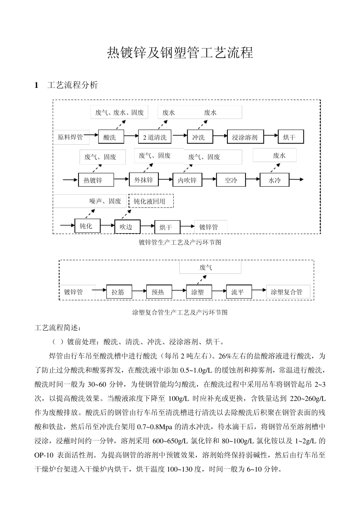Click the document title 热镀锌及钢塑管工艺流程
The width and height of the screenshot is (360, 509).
tap(180, 53)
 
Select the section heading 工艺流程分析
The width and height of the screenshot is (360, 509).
tap(72, 85)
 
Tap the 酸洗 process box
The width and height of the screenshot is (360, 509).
tap(110, 137)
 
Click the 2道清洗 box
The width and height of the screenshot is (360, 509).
tap(155, 137)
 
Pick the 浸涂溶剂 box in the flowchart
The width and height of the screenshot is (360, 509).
tap(244, 137)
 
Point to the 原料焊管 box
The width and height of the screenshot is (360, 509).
tap(70, 137)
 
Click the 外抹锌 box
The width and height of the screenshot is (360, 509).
tap(144, 180)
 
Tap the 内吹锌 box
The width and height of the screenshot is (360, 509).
tap(187, 180)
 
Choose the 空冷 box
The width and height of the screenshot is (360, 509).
tap(231, 180)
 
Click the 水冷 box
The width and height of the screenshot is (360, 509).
tap(274, 180)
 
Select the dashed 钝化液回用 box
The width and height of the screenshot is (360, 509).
tap(152, 201)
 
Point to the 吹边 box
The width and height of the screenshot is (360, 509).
tap(127, 227)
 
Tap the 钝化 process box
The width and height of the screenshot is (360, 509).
tap(86, 226)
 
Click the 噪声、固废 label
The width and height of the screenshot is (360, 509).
tap(105, 201)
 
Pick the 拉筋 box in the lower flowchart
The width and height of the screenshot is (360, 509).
tap(118, 292)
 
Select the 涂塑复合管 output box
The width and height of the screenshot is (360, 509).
tap(287, 292)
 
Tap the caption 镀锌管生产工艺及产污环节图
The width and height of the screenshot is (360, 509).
tap(180, 242)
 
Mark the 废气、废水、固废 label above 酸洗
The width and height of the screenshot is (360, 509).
tap(119, 112)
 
